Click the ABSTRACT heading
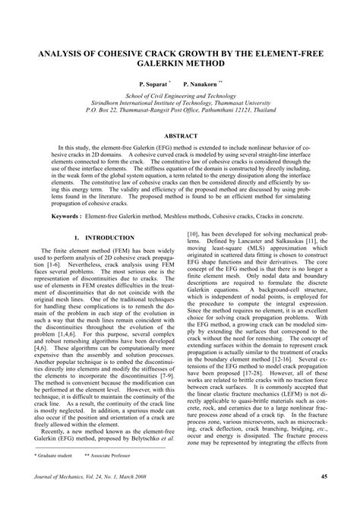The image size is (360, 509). (180, 134)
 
